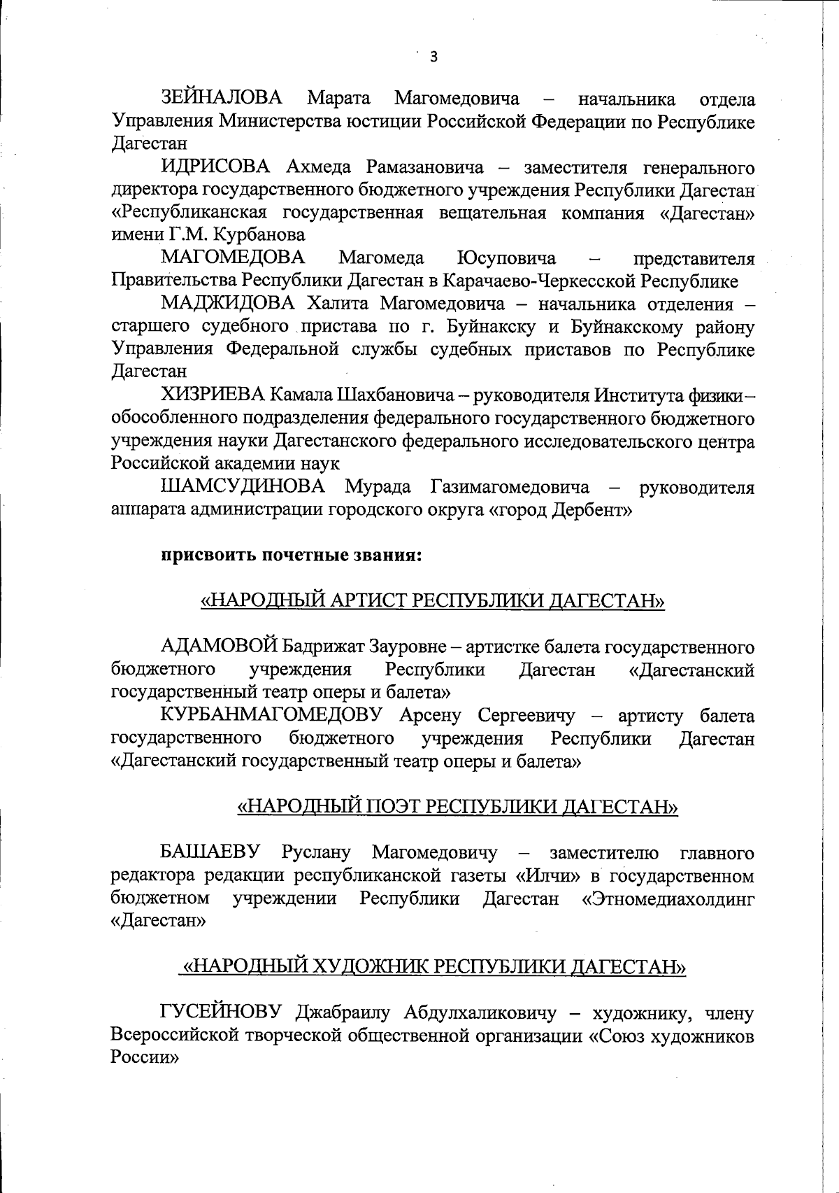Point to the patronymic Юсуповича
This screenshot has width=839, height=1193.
tap(506, 258)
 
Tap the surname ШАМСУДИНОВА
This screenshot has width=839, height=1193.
tap(243, 486)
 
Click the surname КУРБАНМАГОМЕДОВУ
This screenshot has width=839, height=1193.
tap(272, 716)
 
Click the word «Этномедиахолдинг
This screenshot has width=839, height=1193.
tap(668, 898)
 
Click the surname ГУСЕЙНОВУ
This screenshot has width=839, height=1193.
tap(221, 1012)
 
